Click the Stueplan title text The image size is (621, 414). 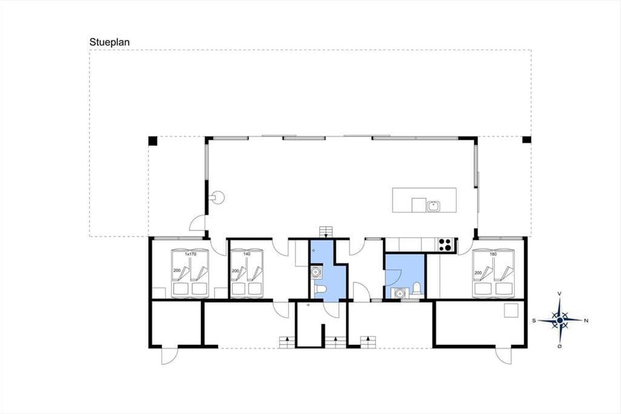[110, 42]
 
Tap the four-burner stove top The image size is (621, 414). [446, 245]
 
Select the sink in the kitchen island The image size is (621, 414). [433, 206]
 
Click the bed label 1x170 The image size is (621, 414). [190, 254]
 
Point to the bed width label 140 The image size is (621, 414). [247, 254]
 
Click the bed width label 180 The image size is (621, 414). [493, 254]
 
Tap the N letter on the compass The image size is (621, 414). [586, 321]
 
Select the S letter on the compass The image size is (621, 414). [534, 321]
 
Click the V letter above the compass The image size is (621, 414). [560, 293]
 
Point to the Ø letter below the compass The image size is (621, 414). [560, 347]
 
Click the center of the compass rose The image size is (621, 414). [560, 320]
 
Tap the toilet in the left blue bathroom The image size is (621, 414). [320, 289]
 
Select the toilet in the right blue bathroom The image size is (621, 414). [417, 288]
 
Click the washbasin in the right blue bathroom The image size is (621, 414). [400, 293]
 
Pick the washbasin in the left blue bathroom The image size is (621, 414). [316, 272]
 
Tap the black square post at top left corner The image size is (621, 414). [153, 141]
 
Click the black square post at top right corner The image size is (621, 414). [527, 140]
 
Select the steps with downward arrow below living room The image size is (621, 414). [326, 232]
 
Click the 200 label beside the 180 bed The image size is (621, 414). [478, 273]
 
